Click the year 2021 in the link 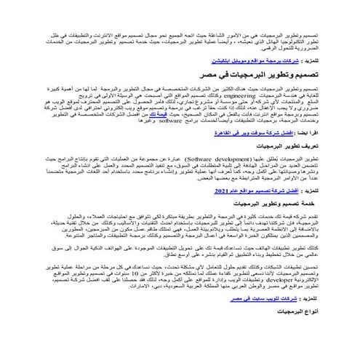[237, 190]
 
